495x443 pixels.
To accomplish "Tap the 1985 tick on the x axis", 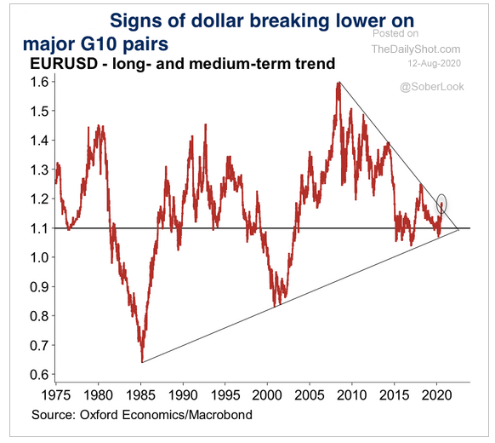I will (140, 394).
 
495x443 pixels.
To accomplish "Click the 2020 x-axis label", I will (436, 394).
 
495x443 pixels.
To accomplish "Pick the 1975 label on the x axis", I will (56, 394).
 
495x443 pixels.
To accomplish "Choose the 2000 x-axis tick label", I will (267, 394).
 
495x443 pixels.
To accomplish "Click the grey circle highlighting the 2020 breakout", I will (441, 204).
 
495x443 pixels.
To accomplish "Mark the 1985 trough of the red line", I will (142, 360).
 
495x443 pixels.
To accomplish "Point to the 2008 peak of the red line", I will (339, 83).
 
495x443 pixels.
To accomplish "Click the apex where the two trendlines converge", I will (459, 230).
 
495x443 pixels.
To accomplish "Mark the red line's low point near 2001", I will (275, 304).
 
